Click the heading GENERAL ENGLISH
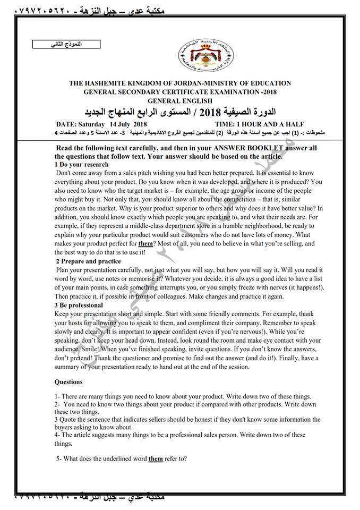tap(180, 100)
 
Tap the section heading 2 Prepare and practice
tap(88, 261)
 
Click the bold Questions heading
tap(69, 381)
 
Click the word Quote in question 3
tap(70, 419)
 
